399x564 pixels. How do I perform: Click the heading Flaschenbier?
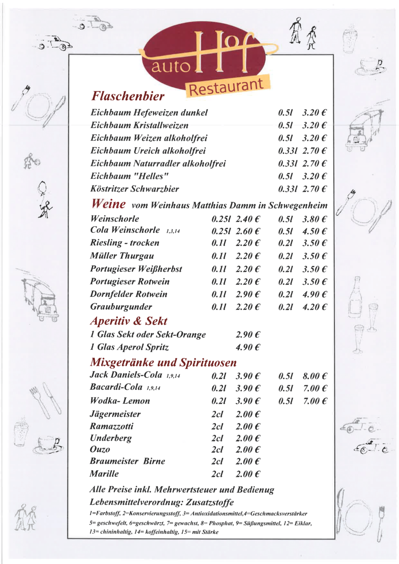(128, 96)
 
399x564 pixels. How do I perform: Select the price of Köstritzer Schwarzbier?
(314, 189)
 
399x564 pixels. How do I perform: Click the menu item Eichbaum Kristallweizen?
(139, 125)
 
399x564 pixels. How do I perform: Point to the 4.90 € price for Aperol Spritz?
(248, 347)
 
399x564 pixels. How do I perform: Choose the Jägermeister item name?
(115, 414)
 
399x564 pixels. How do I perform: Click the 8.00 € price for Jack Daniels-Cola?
(315, 376)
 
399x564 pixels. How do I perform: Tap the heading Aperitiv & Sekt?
(129, 321)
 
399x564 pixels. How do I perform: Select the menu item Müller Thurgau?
(122, 256)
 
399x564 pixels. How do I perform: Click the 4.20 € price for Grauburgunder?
(314, 307)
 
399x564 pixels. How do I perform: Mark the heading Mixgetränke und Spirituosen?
(163, 363)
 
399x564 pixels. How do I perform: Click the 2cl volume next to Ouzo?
(217, 450)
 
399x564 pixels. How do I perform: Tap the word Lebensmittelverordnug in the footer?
(136, 502)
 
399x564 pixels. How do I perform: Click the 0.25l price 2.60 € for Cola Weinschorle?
(248, 231)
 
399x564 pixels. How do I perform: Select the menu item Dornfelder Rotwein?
(129, 294)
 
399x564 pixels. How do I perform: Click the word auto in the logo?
(170, 66)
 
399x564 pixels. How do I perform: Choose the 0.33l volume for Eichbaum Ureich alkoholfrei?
(287, 151)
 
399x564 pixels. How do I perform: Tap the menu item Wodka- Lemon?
(120, 401)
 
